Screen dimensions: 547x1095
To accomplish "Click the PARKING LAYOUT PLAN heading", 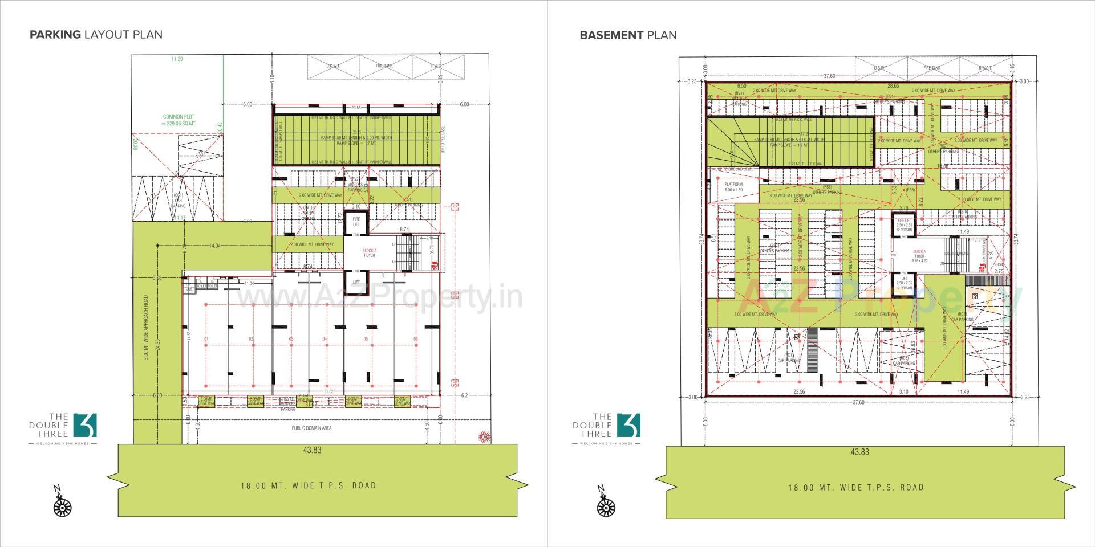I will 96,34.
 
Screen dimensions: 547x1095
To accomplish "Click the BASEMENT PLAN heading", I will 628,35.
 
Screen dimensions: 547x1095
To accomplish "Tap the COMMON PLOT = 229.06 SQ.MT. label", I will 179,120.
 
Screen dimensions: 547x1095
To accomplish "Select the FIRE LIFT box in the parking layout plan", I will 356,222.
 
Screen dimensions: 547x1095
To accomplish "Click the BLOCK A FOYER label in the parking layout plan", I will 369,253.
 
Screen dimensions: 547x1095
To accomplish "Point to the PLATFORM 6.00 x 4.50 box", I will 733,187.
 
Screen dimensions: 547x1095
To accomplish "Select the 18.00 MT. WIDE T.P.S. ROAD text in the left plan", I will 308,485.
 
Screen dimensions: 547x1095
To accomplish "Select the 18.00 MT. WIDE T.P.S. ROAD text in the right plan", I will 856,487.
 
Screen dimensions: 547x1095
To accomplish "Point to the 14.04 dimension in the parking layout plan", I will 215,246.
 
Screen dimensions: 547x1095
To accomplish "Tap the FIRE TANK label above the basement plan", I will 932,68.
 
